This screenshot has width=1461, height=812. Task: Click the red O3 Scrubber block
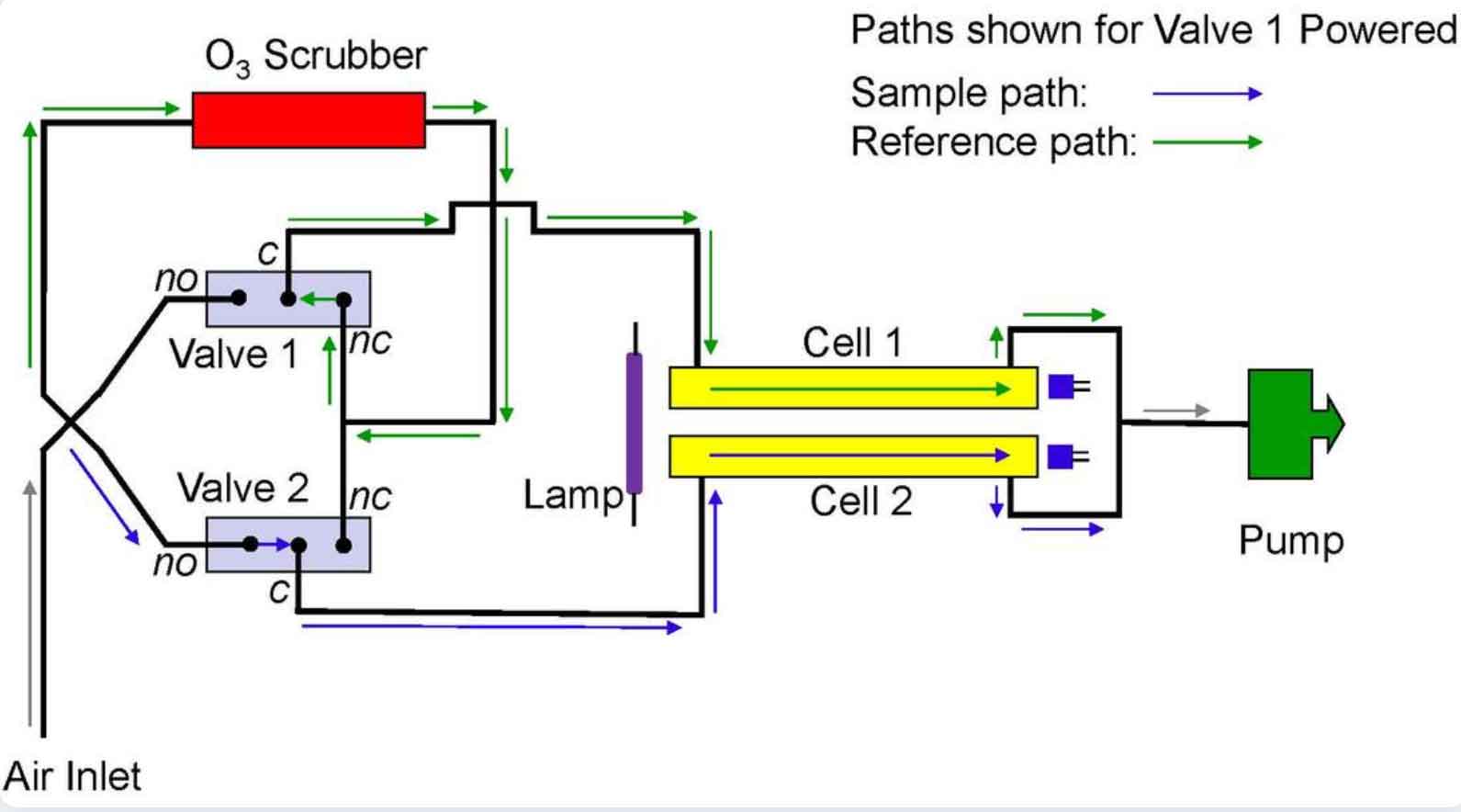point(309,119)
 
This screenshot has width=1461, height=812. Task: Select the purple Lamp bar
point(634,423)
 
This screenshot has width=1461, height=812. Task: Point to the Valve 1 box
point(288,299)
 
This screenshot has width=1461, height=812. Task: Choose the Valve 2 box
point(288,545)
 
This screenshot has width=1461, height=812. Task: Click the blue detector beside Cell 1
point(1062,387)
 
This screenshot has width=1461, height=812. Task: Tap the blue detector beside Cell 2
point(1062,457)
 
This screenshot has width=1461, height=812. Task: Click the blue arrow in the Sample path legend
point(1207,93)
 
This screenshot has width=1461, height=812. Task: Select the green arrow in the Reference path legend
point(1207,141)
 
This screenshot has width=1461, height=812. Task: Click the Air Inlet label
point(73,777)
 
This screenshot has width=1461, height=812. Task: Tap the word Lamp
point(572,495)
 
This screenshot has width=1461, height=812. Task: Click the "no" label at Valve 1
point(176,277)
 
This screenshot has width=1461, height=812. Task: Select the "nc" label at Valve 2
point(371,497)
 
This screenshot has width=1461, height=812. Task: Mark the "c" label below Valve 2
point(279,590)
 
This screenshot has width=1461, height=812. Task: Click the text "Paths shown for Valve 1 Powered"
point(1152,30)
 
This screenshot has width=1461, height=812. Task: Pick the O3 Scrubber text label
point(315,57)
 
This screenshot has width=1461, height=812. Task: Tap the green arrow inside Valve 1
point(317,299)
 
